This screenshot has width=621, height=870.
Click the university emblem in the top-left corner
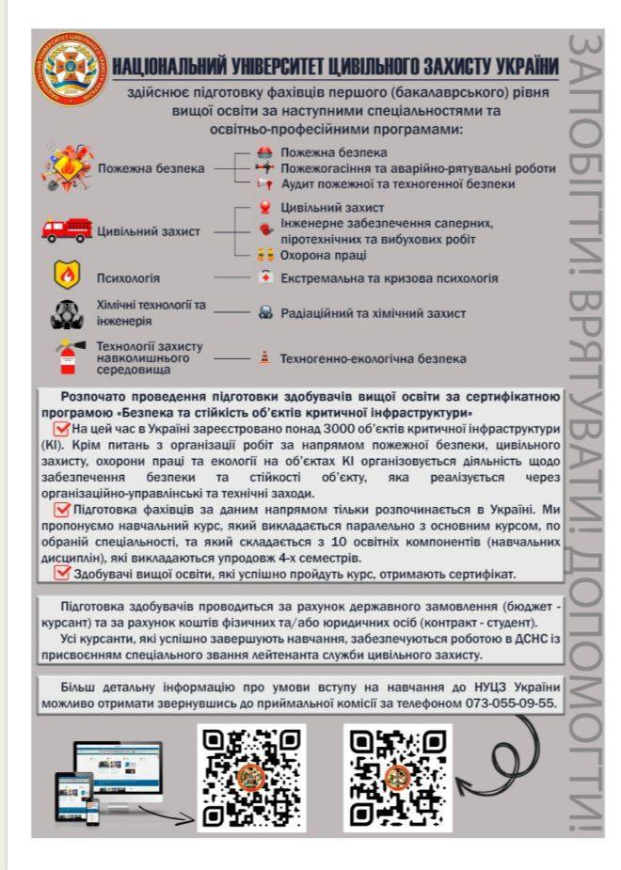pyautogui.click(x=70, y=69)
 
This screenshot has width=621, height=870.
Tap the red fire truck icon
pyautogui.click(x=67, y=230)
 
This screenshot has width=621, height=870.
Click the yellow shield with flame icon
pyautogui.click(x=68, y=277)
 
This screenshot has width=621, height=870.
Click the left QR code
pyautogui.click(x=252, y=776)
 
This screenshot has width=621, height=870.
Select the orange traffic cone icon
pyautogui.click(x=264, y=358)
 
